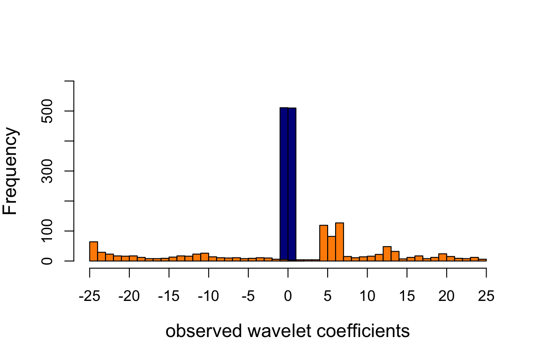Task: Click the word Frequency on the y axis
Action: pyautogui.click(x=10, y=171)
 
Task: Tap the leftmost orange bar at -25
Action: pyautogui.click(x=93, y=251)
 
